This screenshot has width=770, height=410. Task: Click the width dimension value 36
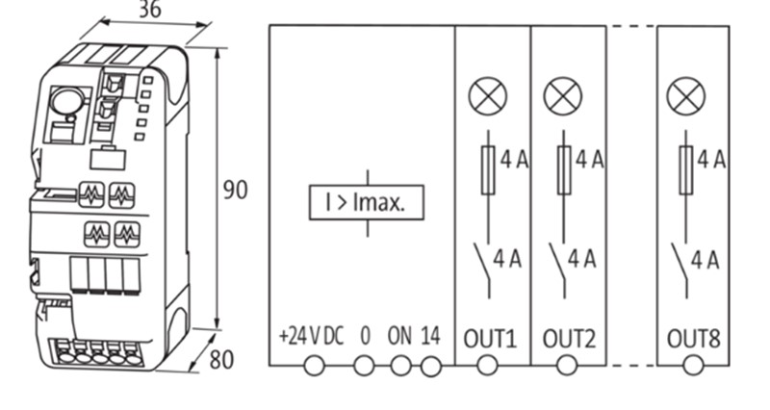point(150,11)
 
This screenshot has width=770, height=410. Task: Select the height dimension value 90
point(235,190)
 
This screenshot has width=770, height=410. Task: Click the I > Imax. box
point(366,203)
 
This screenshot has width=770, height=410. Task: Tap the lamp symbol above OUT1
point(487,95)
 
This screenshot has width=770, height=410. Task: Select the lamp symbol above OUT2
point(563,95)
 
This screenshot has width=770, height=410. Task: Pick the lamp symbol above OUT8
point(686,95)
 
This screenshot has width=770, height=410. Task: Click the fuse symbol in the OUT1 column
point(487,170)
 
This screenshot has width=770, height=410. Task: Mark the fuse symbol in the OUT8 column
point(686,170)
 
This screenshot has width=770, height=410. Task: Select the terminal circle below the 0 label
point(364,366)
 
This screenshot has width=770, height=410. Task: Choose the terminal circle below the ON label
point(401,366)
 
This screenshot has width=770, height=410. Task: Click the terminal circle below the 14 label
point(430,366)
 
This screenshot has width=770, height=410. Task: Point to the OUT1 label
point(491,338)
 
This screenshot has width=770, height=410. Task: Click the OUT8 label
point(693,338)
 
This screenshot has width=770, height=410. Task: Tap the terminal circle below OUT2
point(567,366)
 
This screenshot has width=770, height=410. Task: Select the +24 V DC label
point(310,337)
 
